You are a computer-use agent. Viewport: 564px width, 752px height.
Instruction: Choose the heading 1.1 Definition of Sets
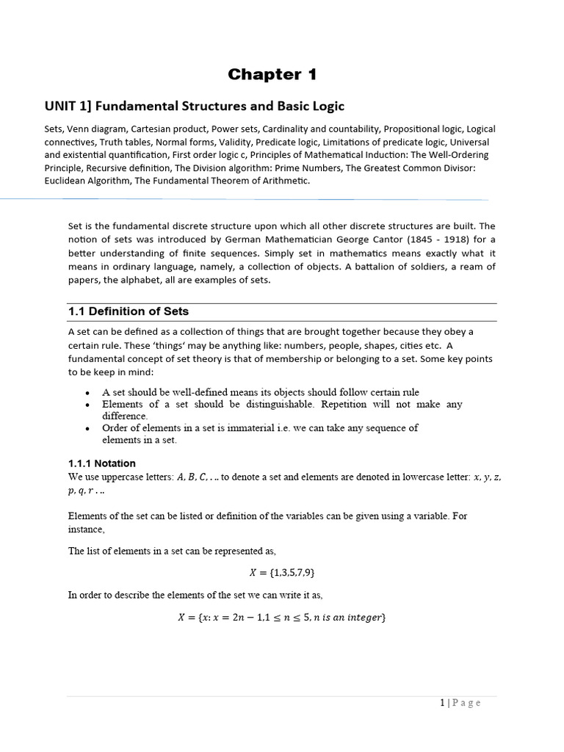128,311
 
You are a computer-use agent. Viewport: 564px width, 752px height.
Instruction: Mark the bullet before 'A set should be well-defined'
88,393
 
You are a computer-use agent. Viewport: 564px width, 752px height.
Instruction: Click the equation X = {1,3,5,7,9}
282,572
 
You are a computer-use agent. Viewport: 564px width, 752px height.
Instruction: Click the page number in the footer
442,703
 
